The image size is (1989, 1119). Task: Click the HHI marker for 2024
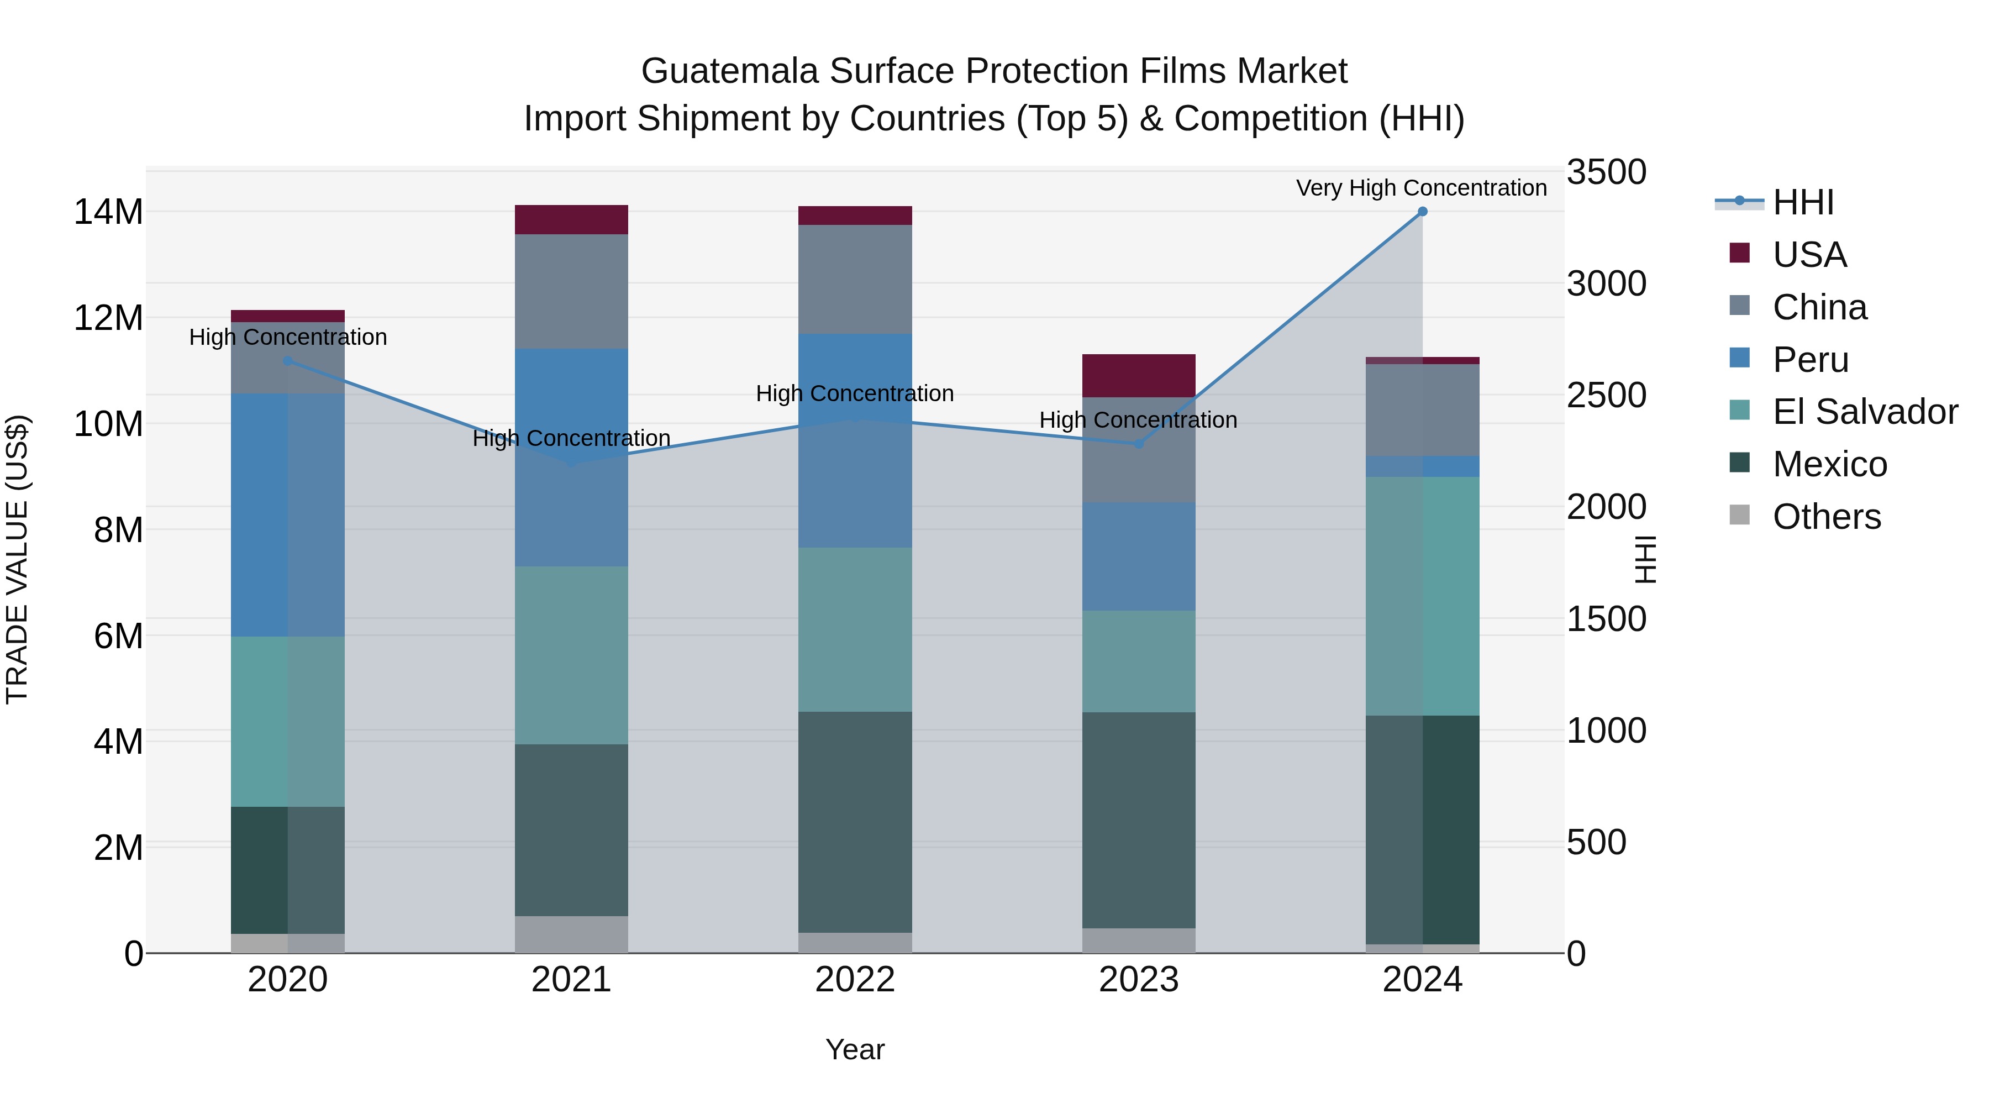[1422, 212]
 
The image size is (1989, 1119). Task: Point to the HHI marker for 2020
[288, 361]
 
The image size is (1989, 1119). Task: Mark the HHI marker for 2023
[1138, 444]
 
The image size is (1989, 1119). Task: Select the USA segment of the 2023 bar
[1138, 376]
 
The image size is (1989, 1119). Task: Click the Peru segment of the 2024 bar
[1422, 466]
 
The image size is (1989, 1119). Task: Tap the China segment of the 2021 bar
[571, 291]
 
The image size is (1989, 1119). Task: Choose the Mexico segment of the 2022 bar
[855, 822]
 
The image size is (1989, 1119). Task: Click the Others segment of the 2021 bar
[571, 934]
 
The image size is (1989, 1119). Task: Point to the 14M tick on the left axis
[108, 212]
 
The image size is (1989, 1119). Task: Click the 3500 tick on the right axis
[1606, 172]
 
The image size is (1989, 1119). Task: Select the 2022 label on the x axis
[855, 980]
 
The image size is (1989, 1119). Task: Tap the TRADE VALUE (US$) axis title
[17, 559]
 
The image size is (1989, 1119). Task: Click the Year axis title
[855, 1049]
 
